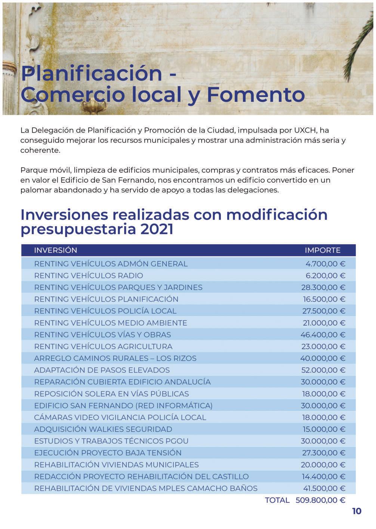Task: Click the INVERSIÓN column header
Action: tap(55, 250)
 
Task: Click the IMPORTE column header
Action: tap(323, 250)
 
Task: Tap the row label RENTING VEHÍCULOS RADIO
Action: tap(89, 276)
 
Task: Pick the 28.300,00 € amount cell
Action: tap(323, 287)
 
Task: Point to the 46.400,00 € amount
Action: tap(323, 334)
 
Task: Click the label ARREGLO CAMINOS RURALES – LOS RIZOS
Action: tap(115, 358)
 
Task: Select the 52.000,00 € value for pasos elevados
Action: tap(323, 370)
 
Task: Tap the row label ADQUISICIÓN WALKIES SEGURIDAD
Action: tap(103, 429)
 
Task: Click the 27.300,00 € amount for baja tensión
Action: tap(323, 453)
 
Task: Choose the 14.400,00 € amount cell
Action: tap(323, 476)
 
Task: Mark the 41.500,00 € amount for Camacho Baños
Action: tap(324, 488)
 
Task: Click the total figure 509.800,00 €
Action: tap(320, 500)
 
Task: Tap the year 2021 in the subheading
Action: tap(157, 229)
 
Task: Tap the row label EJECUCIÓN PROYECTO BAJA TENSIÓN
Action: tap(108, 453)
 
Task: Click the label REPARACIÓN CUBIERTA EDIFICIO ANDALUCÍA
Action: tap(122, 382)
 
